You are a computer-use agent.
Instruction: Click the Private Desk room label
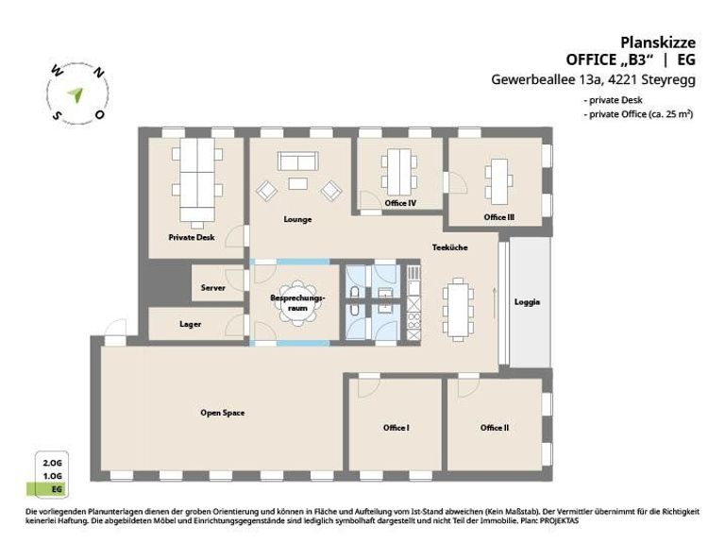click(192, 237)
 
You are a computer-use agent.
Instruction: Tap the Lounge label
click(297, 219)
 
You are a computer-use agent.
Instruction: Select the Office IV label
click(400, 203)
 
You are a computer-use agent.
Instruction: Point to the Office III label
click(498, 217)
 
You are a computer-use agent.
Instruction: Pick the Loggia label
click(527, 302)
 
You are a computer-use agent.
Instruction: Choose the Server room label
click(212, 287)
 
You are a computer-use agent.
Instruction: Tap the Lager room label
click(191, 324)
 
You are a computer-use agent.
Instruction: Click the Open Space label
click(223, 413)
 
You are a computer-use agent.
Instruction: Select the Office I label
click(396, 428)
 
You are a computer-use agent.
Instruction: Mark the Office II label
click(495, 428)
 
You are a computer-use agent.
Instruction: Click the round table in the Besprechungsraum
click(297, 299)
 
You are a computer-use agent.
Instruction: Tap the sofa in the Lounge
click(297, 162)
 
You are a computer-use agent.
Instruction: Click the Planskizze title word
click(657, 42)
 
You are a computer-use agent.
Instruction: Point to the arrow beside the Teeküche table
click(492, 299)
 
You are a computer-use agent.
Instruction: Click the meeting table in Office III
click(497, 178)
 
